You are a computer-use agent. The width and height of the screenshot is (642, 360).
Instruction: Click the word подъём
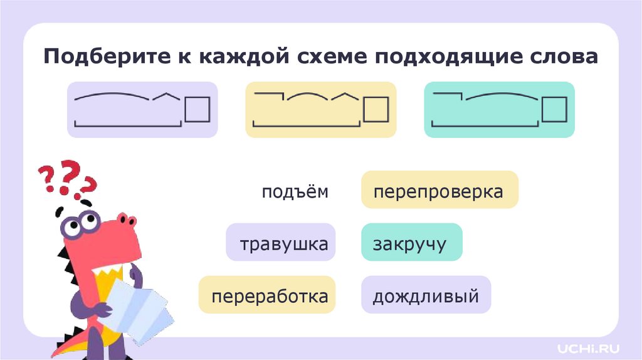[295, 192]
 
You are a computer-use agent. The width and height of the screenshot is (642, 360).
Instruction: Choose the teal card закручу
[411, 242]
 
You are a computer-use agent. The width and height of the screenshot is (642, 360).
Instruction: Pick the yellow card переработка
[268, 295]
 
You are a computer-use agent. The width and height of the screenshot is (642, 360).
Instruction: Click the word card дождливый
[426, 295]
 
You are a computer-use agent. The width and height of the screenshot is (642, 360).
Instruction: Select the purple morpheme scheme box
[142, 110]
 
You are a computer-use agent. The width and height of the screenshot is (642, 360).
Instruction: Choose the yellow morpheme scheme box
[320, 110]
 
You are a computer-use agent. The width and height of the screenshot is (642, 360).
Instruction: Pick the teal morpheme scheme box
[499, 110]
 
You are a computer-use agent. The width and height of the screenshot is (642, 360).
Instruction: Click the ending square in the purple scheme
[197, 109]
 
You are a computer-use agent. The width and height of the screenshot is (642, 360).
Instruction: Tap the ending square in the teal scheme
[554, 109]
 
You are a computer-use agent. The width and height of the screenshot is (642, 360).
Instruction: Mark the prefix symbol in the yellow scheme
[268, 95]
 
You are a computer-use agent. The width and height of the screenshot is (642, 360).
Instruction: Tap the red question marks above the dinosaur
[66, 179]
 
